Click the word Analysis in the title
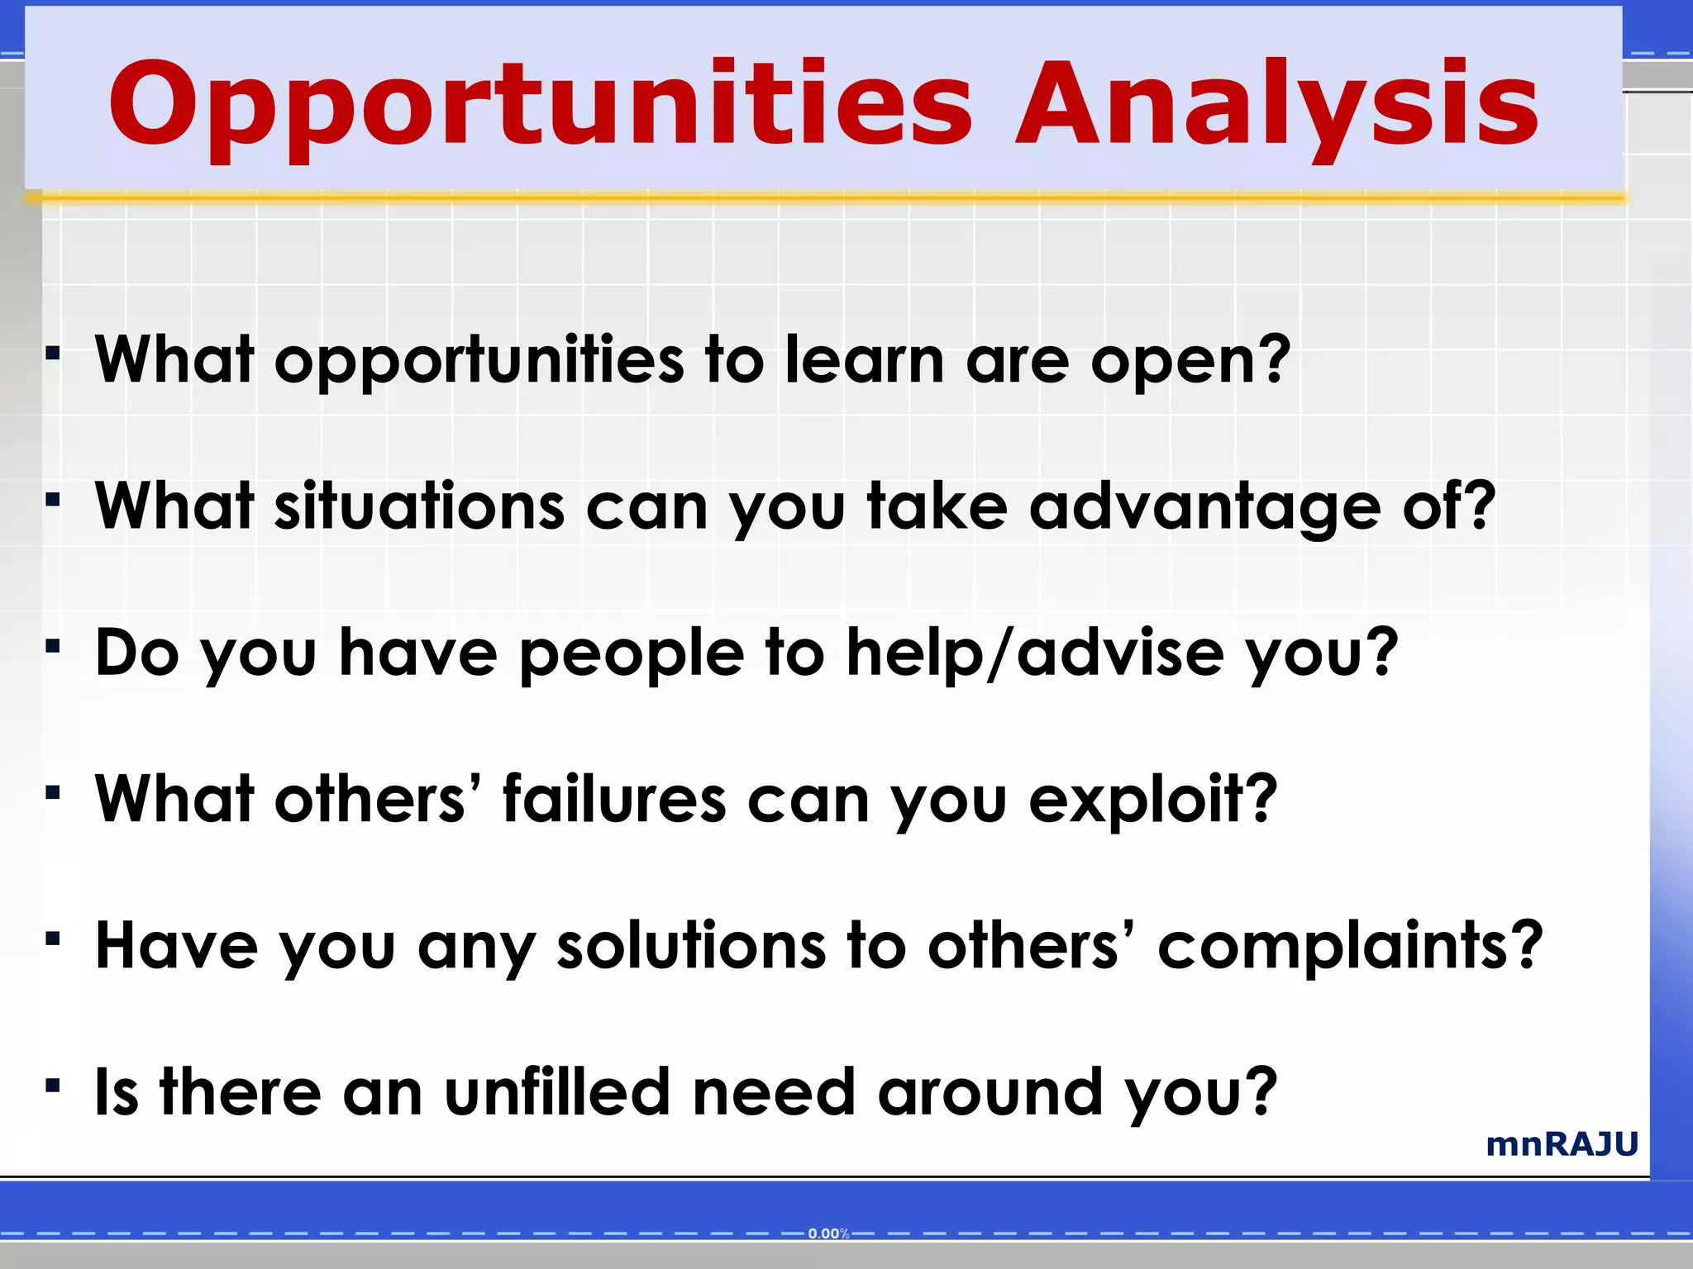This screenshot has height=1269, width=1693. coord(1277,106)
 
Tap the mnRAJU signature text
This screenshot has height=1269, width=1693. coord(1562,1144)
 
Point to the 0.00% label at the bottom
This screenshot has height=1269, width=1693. coord(828,1233)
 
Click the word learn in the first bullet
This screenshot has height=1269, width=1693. coord(864,360)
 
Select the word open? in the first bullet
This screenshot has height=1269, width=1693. coord(1190,362)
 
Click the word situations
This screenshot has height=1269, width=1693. coord(420,506)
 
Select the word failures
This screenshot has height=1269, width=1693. coord(614,799)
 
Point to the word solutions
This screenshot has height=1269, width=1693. coord(691,945)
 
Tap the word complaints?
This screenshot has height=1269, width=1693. coord(1350,947)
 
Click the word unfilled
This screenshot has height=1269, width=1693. coord(556,1091)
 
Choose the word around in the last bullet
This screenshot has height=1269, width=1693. coord(990,1091)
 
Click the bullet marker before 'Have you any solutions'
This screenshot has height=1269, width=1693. coord(54,939)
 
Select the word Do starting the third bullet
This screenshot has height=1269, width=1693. coord(137,653)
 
